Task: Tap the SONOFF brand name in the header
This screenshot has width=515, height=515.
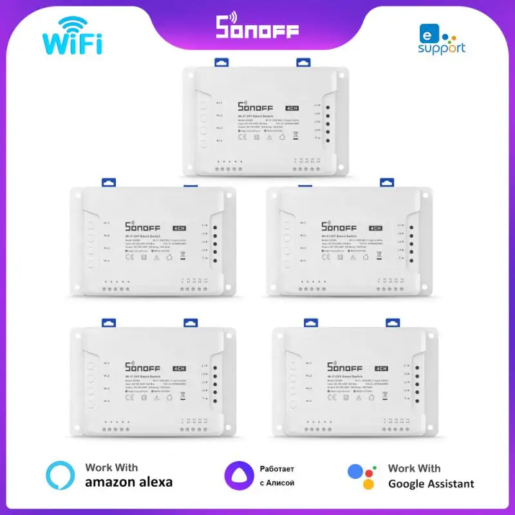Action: click(x=257, y=26)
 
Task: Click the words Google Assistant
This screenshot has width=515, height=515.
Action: click(x=431, y=483)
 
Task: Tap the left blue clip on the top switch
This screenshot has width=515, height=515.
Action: click(x=221, y=62)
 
